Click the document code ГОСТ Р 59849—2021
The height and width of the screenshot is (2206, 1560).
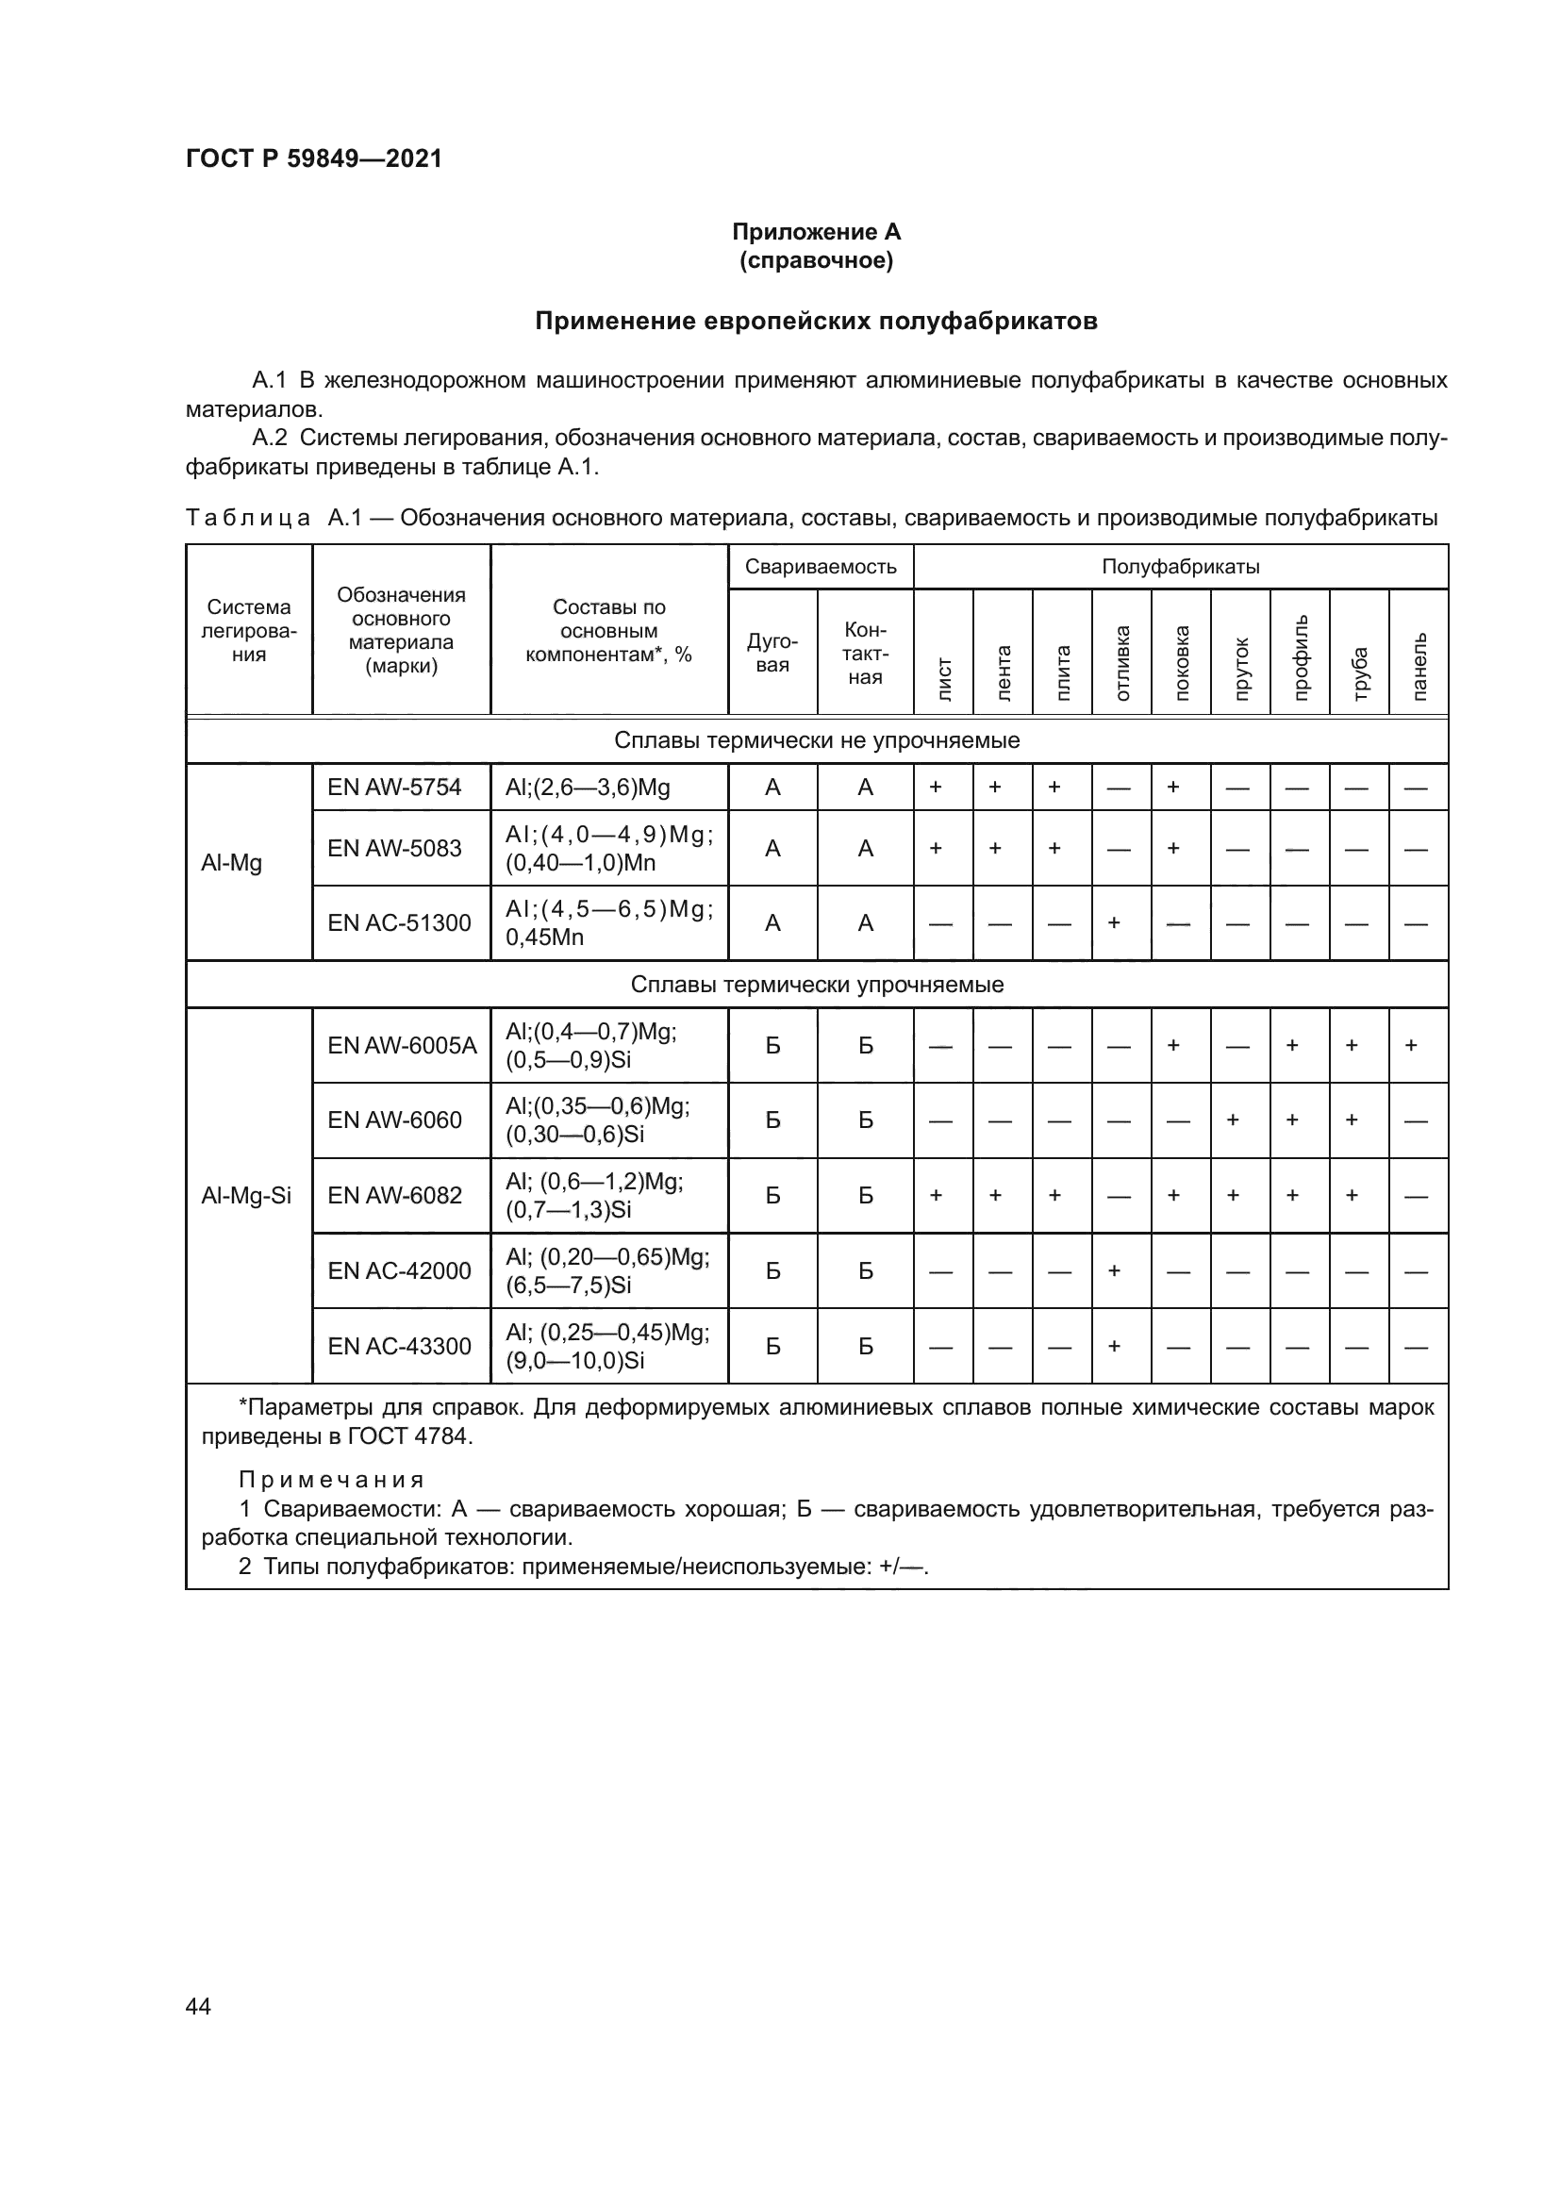point(313,158)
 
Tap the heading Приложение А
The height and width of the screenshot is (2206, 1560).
point(816,232)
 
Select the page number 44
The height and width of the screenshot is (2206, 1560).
point(198,2006)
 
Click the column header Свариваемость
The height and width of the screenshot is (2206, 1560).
point(820,567)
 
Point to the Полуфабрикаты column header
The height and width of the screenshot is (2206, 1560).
point(1180,567)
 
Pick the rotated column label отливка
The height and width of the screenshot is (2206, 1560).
point(1122,663)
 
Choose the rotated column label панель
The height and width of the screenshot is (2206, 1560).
point(1419,667)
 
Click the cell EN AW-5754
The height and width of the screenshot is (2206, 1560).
point(394,787)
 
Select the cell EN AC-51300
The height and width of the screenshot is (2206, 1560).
point(399,923)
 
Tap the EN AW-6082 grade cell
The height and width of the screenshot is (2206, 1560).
point(394,1195)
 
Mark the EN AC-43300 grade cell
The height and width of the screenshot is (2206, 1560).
point(399,1346)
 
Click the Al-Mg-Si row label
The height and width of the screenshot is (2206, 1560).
point(246,1195)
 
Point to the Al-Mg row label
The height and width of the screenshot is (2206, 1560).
point(231,863)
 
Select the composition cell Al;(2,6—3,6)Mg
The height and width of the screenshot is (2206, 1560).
point(587,788)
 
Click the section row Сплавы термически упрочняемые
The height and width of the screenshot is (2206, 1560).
point(816,985)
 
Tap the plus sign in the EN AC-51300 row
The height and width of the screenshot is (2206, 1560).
point(1114,923)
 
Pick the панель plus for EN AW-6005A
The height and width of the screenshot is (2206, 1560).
point(1411,1045)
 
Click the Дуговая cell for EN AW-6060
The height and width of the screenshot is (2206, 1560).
point(772,1120)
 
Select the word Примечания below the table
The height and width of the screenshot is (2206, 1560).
point(331,1480)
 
